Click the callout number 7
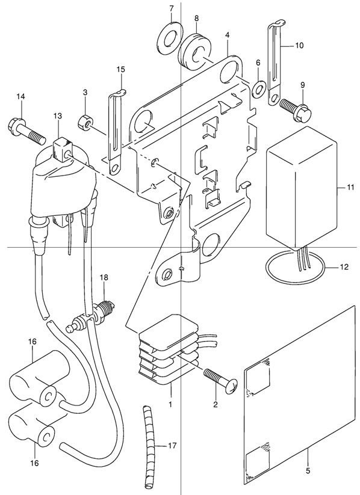[x=172, y=8]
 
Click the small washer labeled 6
[x=259, y=88]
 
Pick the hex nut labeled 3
[x=85, y=121]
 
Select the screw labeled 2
[x=221, y=381]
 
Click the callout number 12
[x=344, y=267]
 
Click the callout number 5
[x=308, y=471]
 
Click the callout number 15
[x=121, y=69]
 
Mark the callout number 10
[x=299, y=46]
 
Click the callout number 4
[x=227, y=34]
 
